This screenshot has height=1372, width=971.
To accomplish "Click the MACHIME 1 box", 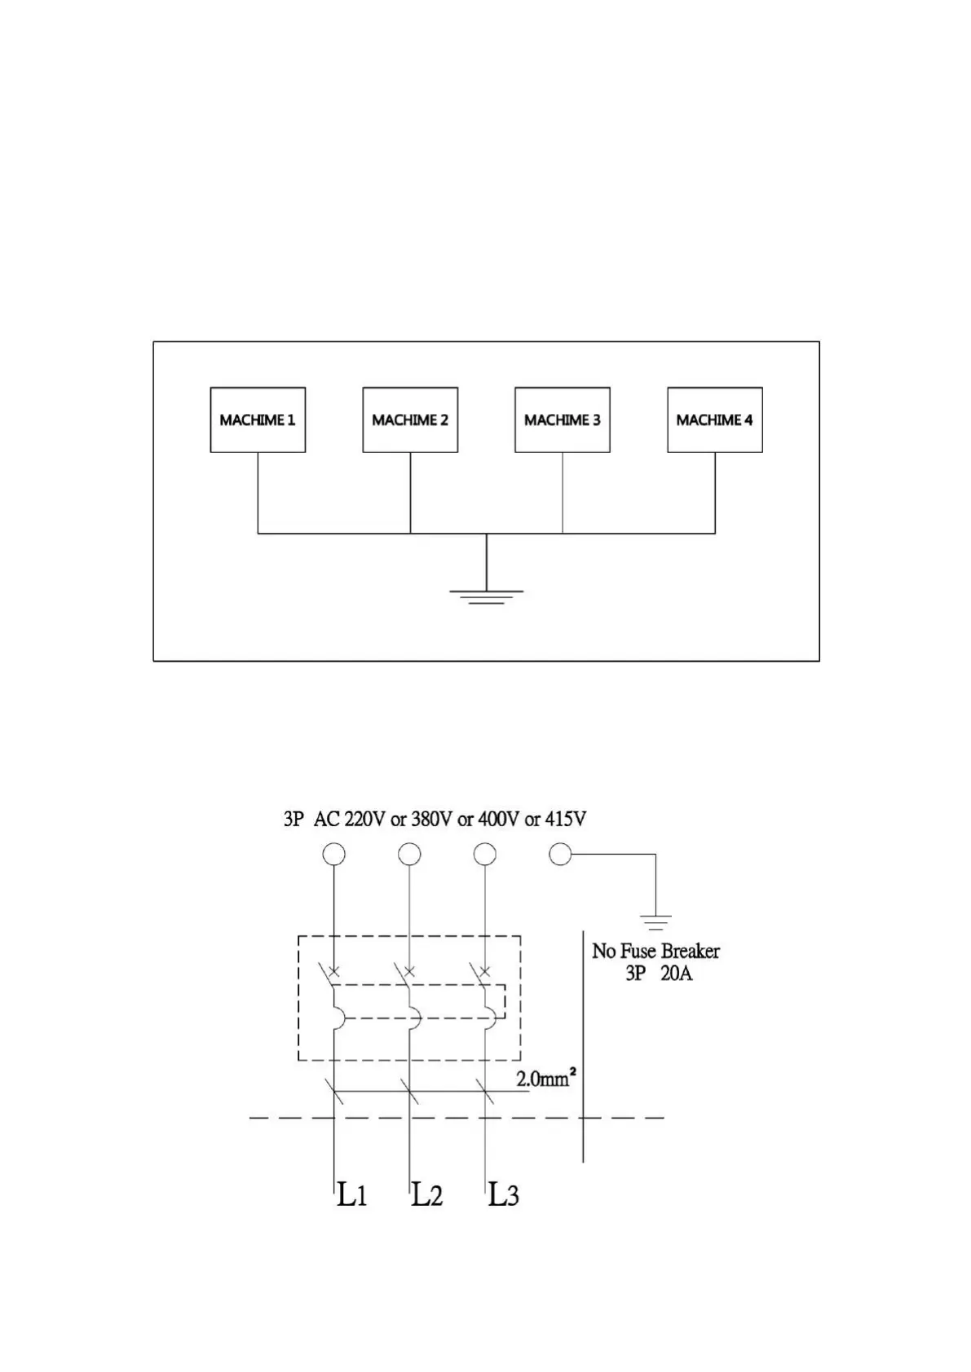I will click(x=258, y=420).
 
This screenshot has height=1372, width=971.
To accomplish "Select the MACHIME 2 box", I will click(x=410, y=420).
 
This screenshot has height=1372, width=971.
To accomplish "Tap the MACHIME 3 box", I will click(x=563, y=420).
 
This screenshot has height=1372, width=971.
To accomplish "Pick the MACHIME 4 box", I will click(x=715, y=420).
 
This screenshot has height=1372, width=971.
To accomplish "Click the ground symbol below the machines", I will click(x=487, y=596).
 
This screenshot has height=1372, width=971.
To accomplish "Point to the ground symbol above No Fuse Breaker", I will click(x=655, y=922).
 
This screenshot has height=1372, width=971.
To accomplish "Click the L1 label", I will click(x=352, y=1195).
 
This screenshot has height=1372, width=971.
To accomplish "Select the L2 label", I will click(x=426, y=1195).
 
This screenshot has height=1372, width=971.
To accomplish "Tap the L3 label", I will click(x=503, y=1195).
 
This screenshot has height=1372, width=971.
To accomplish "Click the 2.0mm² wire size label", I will click(x=546, y=1079).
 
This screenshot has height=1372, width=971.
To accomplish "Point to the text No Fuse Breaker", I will click(x=655, y=951).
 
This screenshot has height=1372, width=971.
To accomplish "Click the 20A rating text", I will click(x=676, y=973).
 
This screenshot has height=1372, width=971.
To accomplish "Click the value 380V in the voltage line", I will click(x=431, y=819).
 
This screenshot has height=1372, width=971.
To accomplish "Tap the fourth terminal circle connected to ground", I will click(x=560, y=854).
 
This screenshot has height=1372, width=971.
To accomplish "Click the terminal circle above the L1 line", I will click(x=333, y=854).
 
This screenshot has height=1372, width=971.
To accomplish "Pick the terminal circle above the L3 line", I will click(x=485, y=854).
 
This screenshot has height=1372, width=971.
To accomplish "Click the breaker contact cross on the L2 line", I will click(x=409, y=971).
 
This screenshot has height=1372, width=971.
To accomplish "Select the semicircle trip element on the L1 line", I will click(x=338, y=1018).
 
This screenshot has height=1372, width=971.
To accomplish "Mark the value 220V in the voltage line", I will click(x=364, y=819).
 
